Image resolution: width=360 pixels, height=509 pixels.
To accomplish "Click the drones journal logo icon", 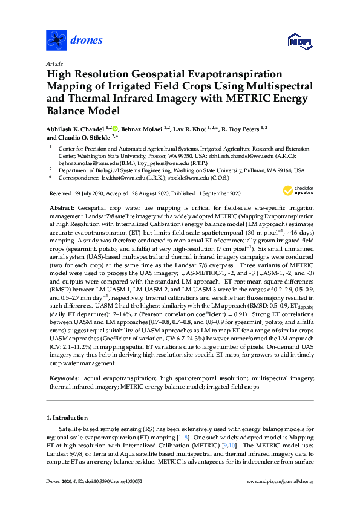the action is tap(57, 41).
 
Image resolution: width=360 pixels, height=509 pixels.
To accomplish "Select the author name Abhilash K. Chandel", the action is tap(74, 129).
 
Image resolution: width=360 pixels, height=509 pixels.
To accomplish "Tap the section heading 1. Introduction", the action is tap(68, 417).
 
